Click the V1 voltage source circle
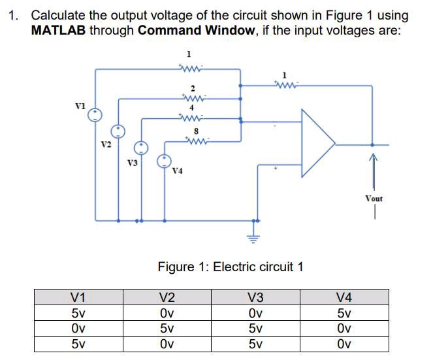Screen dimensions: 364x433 96,115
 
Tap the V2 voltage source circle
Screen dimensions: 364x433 118,131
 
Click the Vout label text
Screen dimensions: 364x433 374,198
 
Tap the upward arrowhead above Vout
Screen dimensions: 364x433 374,156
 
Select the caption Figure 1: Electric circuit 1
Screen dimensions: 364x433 231,267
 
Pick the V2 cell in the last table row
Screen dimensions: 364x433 167,344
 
